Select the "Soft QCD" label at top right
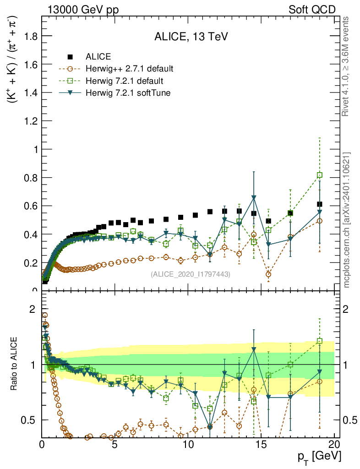pyautogui.click(x=312, y=10)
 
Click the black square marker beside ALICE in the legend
pyautogui.click(x=70, y=57)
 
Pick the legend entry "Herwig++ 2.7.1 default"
pyautogui.click(x=129, y=69)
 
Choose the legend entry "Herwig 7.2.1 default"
pyautogui.click(x=124, y=81)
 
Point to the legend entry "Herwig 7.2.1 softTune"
pyautogui.click(x=126, y=93)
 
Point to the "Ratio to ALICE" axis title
pyautogui.click(x=15, y=364)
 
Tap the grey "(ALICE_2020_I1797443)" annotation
pyautogui.click(x=190, y=274)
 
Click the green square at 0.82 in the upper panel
pyautogui.click(x=320, y=175)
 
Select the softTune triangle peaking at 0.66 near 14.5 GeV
pyautogui.click(x=254, y=197)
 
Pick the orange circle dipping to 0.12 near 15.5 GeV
pyautogui.click(x=268, y=274)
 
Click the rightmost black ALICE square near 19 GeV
pyautogui.click(x=320, y=204)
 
